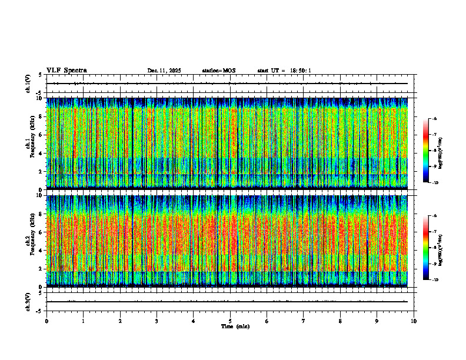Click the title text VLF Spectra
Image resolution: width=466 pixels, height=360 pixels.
(66, 71)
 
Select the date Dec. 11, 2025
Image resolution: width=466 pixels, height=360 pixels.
(164, 71)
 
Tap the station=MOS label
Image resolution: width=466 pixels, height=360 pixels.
(218, 71)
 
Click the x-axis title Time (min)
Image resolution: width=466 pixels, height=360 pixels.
(235, 326)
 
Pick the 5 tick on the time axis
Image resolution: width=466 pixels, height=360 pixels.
(230, 321)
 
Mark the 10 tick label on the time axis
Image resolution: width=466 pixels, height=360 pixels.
(414, 321)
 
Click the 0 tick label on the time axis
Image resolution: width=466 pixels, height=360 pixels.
(46, 321)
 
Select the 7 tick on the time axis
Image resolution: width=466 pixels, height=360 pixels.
(304, 321)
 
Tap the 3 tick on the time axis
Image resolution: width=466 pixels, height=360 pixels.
(157, 321)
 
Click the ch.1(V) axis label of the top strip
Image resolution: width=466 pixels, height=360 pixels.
(28, 84)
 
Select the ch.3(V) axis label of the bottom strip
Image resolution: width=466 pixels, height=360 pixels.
(28, 301)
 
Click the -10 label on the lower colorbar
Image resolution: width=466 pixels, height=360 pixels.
(436, 280)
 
